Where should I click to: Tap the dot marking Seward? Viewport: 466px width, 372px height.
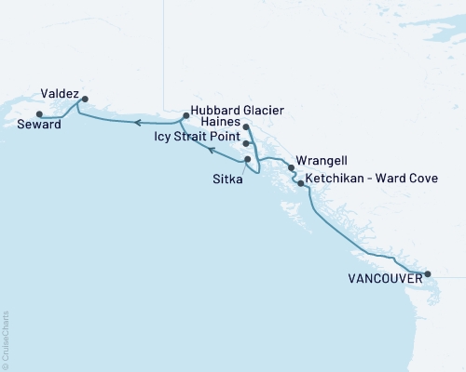tap(38, 114)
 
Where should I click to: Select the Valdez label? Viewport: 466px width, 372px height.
tap(59, 93)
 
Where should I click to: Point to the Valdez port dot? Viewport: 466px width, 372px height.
tap(85, 99)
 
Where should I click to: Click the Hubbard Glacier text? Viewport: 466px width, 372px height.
tap(237, 110)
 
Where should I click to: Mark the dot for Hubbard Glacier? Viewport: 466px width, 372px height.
tap(186, 116)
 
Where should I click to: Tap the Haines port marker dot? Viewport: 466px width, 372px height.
tap(245, 126)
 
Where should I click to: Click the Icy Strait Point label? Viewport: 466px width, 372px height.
tap(196, 136)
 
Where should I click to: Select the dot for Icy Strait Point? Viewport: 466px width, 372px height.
tap(245, 143)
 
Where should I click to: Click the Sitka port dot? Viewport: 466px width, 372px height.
tap(247, 159)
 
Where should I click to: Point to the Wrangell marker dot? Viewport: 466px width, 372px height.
tap(292, 168)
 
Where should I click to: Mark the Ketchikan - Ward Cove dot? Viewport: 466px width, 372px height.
tap(299, 183)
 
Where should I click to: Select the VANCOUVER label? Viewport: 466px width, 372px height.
tap(380, 277)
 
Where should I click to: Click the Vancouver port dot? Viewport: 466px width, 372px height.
tap(428, 273)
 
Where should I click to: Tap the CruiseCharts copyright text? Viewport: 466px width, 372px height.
tap(6, 340)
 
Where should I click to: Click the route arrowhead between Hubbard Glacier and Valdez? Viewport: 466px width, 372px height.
tap(135, 122)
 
